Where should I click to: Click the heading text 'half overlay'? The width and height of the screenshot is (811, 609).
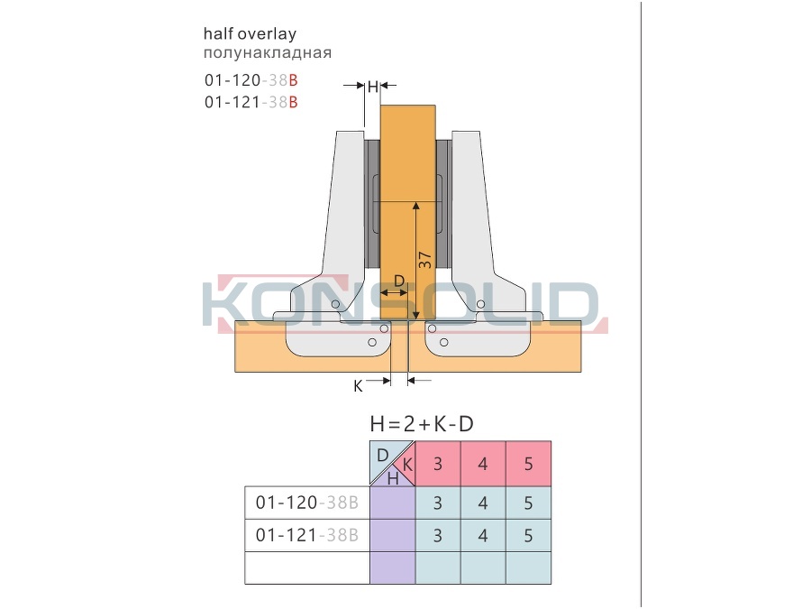pos(250,34)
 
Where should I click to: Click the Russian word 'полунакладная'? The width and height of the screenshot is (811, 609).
pos(268,53)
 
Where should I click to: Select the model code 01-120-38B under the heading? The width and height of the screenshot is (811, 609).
pos(251,80)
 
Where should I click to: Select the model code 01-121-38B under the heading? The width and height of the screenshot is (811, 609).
pos(251,102)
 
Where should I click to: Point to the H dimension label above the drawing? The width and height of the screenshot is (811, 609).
pos(373,87)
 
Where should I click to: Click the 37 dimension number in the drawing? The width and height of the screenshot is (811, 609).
pos(424,260)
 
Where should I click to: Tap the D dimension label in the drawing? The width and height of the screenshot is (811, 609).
pos(399,281)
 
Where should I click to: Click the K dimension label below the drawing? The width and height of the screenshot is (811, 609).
pos(358,386)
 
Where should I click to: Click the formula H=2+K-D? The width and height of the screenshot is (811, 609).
pos(422,424)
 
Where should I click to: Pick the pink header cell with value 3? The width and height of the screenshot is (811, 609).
pos(438,464)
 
